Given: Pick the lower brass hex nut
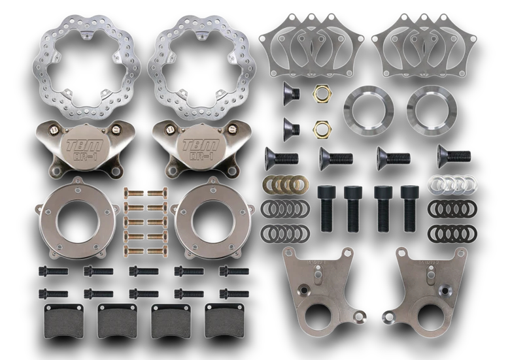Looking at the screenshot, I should [x=320, y=129].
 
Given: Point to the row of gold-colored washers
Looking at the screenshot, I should [x=285, y=185].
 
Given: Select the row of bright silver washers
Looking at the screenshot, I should [x=451, y=185].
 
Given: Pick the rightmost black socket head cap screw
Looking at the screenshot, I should [x=410, y=207].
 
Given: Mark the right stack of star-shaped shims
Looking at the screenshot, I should [x=422, y=46].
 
